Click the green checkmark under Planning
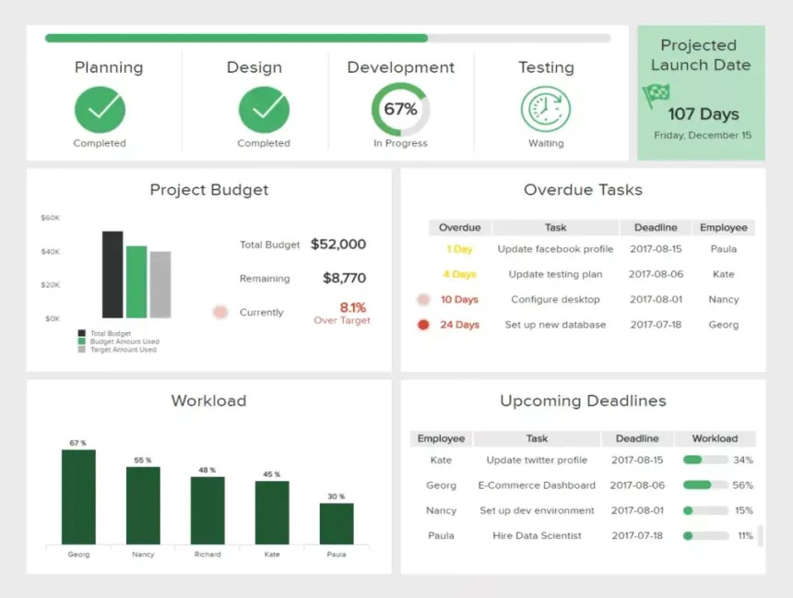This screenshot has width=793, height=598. (x=100, y=110)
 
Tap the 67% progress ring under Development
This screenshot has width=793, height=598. (x=400, y=110)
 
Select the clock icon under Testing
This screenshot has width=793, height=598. (x=546, y=110)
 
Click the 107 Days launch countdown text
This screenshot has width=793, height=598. (x=704, y=114)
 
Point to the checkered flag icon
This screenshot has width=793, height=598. (x=657, y=94)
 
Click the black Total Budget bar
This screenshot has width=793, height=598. (x=112, y=274)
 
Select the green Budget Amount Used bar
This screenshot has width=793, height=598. (x=136, y=281)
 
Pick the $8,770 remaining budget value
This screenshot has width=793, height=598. (x=344, y=278)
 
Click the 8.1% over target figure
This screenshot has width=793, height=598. (x=352, y=307)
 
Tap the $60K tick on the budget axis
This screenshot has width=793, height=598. (x=50, y=219)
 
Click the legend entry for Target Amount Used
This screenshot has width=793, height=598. (x=123, y=350)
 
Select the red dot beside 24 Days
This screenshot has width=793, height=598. (x=423, y=325)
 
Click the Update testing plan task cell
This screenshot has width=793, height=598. (x=555, y=274)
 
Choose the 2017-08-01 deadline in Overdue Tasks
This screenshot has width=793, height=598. (x=656, y=300)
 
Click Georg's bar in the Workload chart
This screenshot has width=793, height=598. (x=78, y=496)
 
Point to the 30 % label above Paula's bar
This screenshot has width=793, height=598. (x=336, y=496)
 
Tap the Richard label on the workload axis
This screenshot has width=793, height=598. (x=207, y=555)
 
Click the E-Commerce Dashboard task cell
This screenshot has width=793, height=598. (x=537, y=485)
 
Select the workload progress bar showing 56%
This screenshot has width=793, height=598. (x=705, y=485)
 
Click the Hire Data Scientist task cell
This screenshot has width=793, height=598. (x=537, y=535)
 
